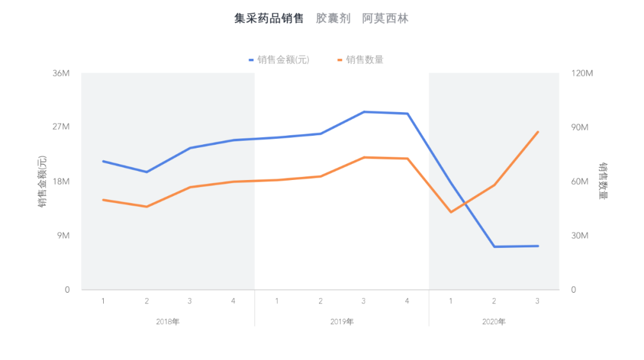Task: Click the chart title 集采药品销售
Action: (269, 18)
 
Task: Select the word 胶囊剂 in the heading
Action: (336, 18)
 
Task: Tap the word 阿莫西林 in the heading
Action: (385, 18)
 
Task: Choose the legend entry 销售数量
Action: (364, 60)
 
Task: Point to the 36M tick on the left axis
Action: (61, 73)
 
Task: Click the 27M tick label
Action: (61, 128)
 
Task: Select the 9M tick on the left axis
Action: (63, 236)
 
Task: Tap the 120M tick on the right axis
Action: (581, 73)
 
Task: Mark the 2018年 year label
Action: (168, 322)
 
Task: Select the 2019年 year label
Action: (342, 322)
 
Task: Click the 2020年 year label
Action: (494, 322)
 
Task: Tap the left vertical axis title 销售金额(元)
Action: (42, 182)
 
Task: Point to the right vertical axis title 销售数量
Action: (603, 181)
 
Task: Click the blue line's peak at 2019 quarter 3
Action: (364, 111)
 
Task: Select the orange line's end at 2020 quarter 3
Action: (538, 132)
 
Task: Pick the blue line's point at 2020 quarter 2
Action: (494, 247)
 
